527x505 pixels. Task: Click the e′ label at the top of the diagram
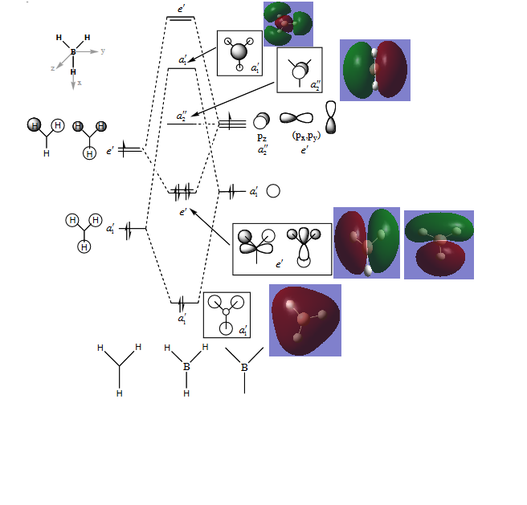click(182, 10)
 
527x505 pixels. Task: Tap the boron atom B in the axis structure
click(73, 51)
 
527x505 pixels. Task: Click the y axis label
click(103, 51)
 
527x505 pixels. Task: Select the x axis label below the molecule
click(79, 83)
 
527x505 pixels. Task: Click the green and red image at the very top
click(288, 22)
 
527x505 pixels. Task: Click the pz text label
click(262, 137)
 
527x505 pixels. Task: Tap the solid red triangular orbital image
click(305, 320)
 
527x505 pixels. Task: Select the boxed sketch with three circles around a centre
click(227, 314)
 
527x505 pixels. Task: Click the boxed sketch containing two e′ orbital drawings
click(281, 249)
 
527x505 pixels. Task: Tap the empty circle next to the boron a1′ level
click(273, 191)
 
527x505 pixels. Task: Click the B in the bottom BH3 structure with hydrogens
click(186, 366)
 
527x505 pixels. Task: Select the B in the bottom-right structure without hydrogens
click(244, 368)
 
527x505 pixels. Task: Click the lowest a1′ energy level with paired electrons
click(183, 302)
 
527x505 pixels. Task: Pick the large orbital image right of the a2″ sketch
click(374, 70)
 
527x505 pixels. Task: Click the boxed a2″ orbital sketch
click(299, 69)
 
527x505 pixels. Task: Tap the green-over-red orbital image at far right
click(439, 244)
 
